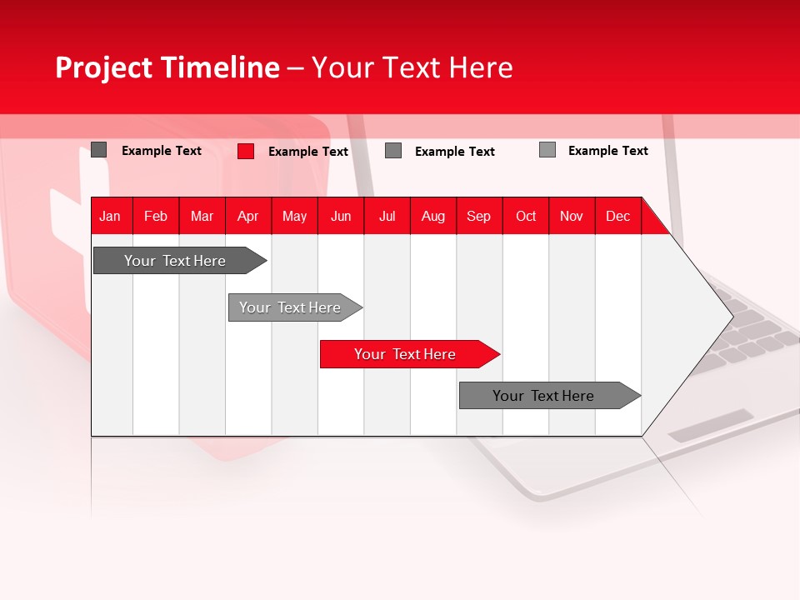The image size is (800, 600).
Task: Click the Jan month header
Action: [110, 216]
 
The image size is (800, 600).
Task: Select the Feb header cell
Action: [156, 216]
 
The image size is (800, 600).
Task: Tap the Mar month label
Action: [202, 216]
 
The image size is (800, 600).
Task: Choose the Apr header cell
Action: [247, 216]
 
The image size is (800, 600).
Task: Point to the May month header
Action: [294, 216]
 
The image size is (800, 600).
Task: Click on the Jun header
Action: [341, 216]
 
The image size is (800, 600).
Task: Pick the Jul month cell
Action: [387, 216]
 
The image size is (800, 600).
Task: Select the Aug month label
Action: [433, 216]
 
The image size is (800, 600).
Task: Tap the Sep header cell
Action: [479, 216]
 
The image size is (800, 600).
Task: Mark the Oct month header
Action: [526, 216]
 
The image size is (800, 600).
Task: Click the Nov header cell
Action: [572, 216]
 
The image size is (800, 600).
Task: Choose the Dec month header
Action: [618, 216]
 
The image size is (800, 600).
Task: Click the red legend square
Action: [246, 151]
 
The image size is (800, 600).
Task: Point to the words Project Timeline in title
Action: [167, 67]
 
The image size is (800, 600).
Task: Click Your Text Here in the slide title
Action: [412, 67]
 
